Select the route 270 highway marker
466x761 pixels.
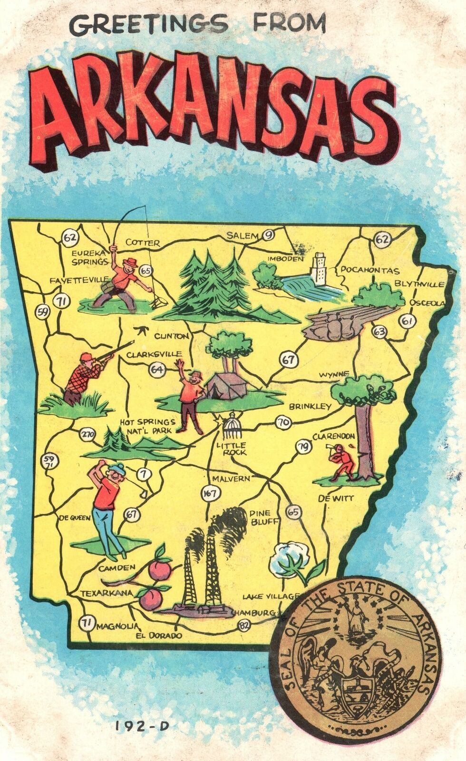88,434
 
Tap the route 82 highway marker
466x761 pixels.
244,626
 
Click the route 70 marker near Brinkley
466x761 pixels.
283,421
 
